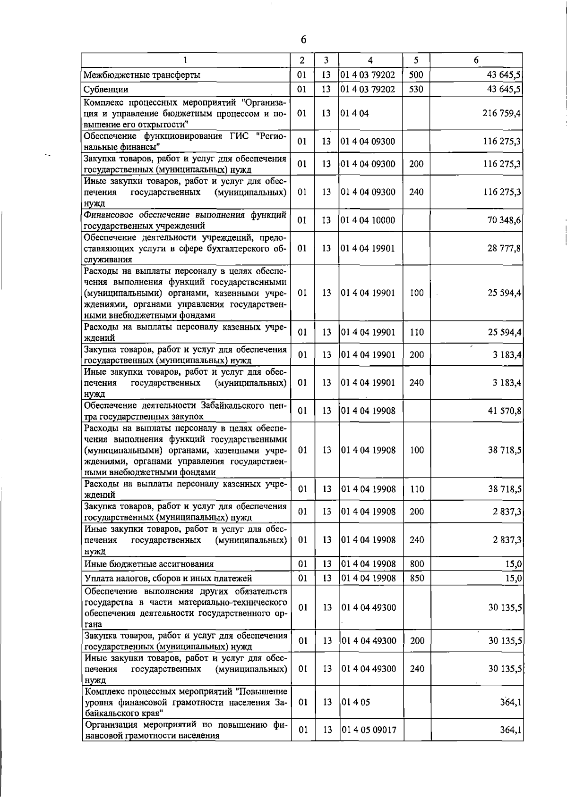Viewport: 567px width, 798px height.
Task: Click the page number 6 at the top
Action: point(303,40)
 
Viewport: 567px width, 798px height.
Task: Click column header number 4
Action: point(370,60)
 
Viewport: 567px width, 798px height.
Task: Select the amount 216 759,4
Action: point(501,113)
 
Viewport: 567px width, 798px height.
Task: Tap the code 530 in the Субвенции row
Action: point(416,89)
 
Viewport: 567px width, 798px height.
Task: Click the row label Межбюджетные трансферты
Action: point(142,75)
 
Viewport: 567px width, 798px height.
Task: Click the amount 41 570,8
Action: point(504,411)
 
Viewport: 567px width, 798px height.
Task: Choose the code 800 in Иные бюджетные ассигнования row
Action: point(416,564)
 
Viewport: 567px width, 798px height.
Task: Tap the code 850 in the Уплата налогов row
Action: point(416,578)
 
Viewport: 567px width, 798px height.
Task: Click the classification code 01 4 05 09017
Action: point(369,730)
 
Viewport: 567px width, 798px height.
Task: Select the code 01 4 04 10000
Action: point(368,220)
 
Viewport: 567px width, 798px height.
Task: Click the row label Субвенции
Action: point(106,89)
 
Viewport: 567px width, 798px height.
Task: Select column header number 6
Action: point(476,60)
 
